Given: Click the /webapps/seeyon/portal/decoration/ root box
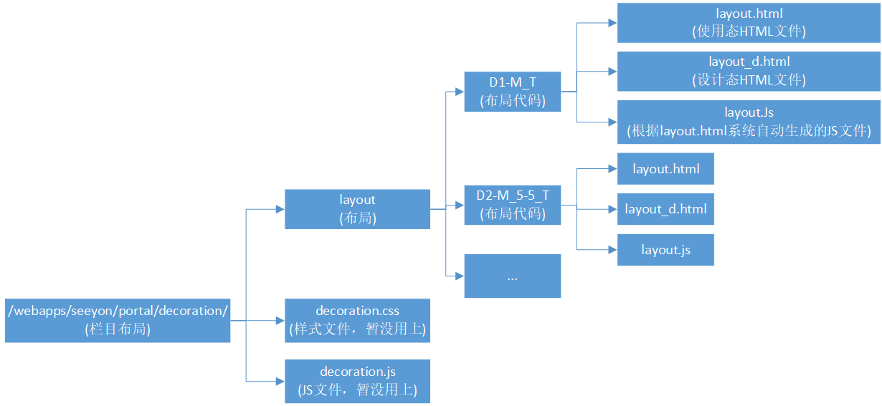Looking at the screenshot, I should pos(118,320).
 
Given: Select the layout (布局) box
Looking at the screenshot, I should pos(357,209).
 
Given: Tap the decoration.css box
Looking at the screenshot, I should pos(357,320).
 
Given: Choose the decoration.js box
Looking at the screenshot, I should pos(357,381).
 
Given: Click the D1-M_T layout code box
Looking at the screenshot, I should pos(512,92).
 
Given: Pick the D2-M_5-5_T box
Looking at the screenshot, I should pos(512,204).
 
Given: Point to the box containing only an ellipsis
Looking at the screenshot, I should pos(512,276).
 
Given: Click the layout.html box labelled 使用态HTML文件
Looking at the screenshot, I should pos(749,22).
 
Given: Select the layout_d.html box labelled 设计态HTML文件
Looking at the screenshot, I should pos(749,71).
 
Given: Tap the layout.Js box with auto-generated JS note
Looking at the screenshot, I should pos(749,122).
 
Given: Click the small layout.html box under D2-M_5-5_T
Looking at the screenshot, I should pos(665,169).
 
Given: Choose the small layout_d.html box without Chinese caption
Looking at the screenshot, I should pos(665,209).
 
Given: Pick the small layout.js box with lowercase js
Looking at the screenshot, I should pos(665,250).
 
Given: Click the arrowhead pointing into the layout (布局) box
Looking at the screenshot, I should pos(280,209).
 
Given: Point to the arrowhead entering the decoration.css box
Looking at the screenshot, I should pos(280,320).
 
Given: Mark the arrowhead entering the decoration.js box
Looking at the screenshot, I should pos(280,381).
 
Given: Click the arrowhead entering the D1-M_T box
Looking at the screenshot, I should pos(460,92).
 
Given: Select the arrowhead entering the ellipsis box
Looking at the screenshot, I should pos(460,276).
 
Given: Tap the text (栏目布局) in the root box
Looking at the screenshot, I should pos(118,329).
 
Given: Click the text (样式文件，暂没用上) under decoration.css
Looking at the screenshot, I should pos(357,329).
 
